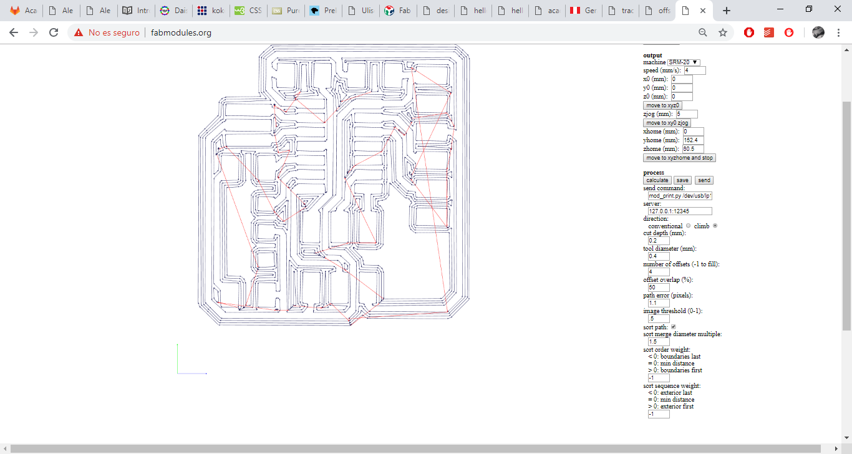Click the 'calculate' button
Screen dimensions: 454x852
tap(657, 180)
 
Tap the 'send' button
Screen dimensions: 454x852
tap(704, 180)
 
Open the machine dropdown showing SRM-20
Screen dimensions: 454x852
tap(684, 62)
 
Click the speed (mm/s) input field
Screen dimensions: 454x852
tap(695, 70)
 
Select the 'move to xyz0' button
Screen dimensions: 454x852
tap(662, 105)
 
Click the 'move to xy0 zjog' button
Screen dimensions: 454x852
tap(667, 123)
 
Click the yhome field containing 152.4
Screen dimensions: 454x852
tap(693, 140)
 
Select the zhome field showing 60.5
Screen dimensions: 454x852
tap(693, 149)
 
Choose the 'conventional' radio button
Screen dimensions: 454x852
tap(689, 226)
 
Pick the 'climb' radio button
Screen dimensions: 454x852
tap(715, 226)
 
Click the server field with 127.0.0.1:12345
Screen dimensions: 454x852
tap(680, 211)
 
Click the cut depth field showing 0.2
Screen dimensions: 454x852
tap(659, 241)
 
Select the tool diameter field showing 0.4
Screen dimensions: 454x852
tap(659, 256)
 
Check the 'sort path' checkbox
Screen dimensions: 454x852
tap(674, 327)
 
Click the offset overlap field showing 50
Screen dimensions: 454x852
tap(659, 287)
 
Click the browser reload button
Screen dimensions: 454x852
tap(54, 32)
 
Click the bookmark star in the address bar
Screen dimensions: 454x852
tap(723, 32)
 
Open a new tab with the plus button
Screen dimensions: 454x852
tap(727, 11)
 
